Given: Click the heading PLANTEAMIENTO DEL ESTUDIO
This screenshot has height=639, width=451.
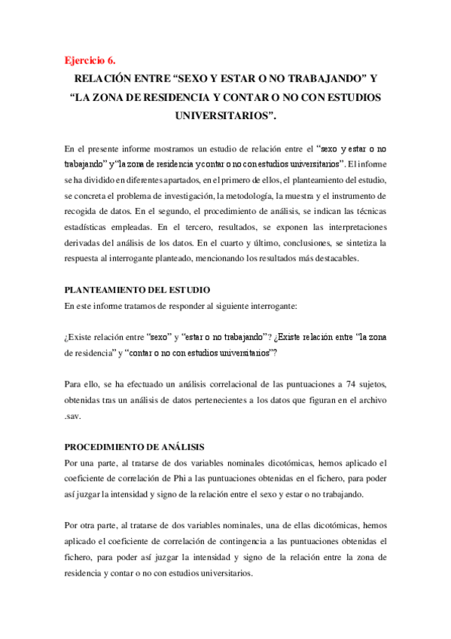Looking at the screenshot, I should click(x=137, y=289).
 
